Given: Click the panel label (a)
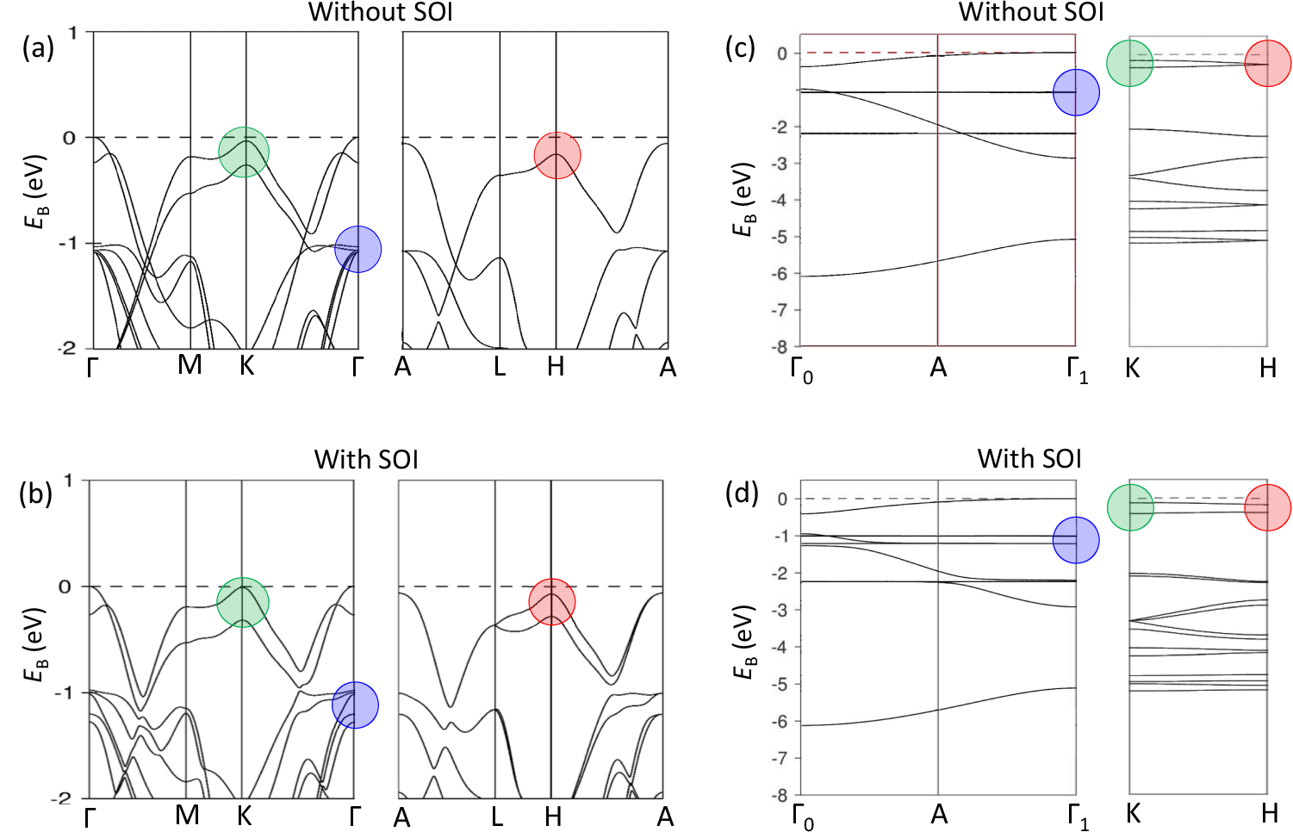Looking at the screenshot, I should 38,47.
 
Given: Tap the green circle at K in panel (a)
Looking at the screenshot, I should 244,152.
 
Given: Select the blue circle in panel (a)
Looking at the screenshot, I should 357,249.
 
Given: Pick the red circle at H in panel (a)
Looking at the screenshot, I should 557,156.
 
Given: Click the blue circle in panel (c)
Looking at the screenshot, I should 1076,92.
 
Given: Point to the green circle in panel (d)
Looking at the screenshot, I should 1130,507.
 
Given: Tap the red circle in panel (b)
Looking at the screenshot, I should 551,601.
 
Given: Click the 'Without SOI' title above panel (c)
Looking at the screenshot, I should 1030,12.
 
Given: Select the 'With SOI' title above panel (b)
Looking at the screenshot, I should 366,459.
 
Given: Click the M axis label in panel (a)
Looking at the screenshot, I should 190,365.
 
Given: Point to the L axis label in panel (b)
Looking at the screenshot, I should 497,816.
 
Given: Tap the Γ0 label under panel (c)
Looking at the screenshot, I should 801,370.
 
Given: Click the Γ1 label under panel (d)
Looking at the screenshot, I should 1078,816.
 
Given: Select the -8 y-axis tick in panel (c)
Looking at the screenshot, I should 780,347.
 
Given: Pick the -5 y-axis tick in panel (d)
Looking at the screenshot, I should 780,684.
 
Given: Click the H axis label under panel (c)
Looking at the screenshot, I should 1267,368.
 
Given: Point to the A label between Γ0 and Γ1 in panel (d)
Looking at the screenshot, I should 939,814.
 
